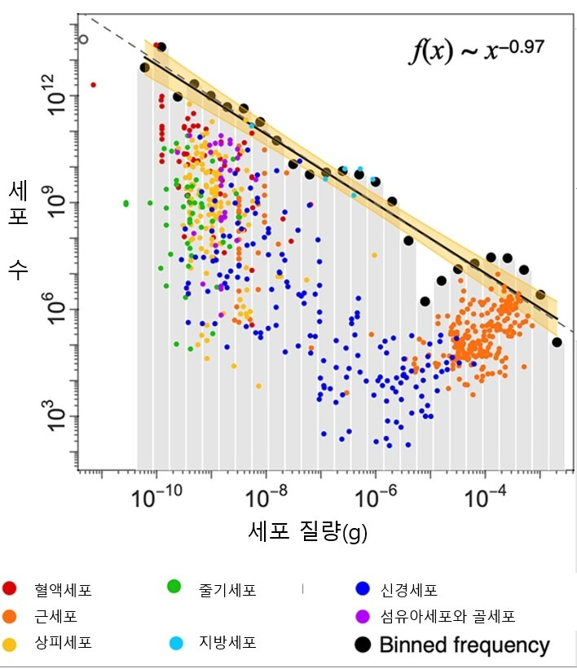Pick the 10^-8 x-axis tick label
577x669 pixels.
click(266, 498)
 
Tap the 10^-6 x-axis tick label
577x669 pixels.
click(376, 498)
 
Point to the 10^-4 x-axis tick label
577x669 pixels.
click(486, 498)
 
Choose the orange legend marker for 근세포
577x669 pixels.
click(10, 616)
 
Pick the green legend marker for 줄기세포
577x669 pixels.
click(174, 586)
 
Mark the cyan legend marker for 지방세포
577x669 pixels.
click(174, 643)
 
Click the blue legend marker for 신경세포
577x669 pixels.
click(363, 589)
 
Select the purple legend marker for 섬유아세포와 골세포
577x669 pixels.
click(363, 616)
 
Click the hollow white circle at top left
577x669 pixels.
click(83, 38)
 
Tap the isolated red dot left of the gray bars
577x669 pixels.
click(93, 84)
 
